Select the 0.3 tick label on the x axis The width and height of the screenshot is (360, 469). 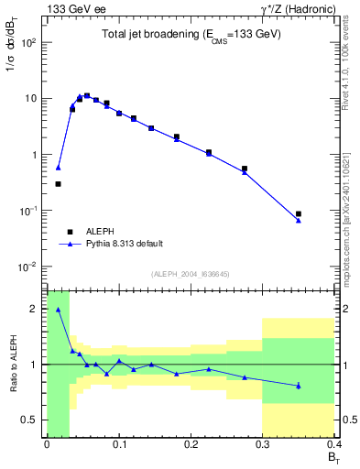(263, 443)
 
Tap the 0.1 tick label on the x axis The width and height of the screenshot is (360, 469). (118, 443)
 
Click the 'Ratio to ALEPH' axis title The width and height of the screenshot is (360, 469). (12, 364)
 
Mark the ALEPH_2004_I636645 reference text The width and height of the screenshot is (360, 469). (190, 274)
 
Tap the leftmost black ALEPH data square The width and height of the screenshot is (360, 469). (58, 184)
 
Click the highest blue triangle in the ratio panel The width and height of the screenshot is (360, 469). (58, 310)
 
